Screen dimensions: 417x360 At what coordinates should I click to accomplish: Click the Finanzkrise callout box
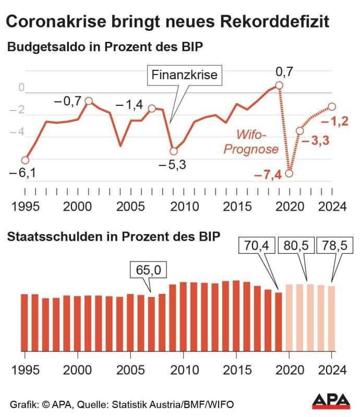point(184,75)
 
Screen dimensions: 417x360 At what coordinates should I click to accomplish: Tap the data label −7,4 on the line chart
point(268,175)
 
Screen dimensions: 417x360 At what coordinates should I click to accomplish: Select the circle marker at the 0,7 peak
point(279,85)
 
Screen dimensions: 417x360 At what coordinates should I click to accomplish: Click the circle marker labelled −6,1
point(25,160)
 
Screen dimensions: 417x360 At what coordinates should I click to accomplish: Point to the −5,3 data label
point(173,165)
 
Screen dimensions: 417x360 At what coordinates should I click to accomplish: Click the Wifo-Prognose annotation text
point(251,142)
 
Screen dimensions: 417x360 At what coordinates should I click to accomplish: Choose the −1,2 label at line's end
point(334,122)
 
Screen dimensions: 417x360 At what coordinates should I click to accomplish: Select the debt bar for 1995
point(25,322)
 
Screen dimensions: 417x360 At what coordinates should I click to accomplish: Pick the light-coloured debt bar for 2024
point(331,318)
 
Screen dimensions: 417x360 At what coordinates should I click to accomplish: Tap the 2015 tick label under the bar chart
point(236,370)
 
